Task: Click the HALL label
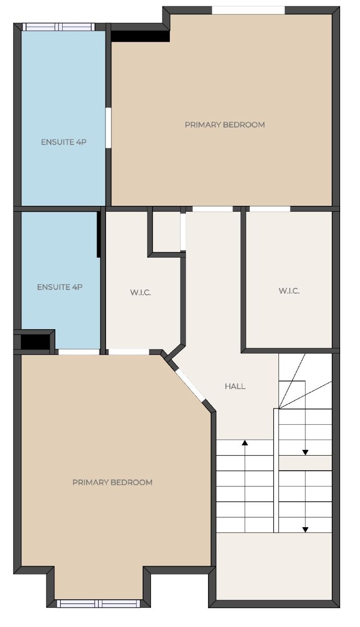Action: click(235, 386)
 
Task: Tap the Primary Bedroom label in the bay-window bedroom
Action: click(112, 482)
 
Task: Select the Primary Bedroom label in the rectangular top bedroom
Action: click(225, 124)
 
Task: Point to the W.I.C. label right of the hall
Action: click(289, 291)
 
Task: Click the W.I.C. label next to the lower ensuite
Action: click(141, 293)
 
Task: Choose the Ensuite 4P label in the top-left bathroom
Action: click(64, 142)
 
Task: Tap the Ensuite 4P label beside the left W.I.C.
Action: click(60, 287)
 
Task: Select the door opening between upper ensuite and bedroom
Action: click(108, 127)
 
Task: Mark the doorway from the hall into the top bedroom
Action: click(213, 209)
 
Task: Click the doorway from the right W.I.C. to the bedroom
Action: click(270, 209)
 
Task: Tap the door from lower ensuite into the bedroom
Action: click(79, 352)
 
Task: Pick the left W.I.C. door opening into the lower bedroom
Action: click(129, 352)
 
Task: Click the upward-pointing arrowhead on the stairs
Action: click(245, 443)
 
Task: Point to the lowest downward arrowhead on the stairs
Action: click(306, 529)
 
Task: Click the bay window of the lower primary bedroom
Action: click(98, 603)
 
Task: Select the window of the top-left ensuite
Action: click(59, 27)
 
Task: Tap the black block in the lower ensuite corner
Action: click(35, 342)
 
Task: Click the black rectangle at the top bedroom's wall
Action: click(140, 36)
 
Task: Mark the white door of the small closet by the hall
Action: click(183, 232)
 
